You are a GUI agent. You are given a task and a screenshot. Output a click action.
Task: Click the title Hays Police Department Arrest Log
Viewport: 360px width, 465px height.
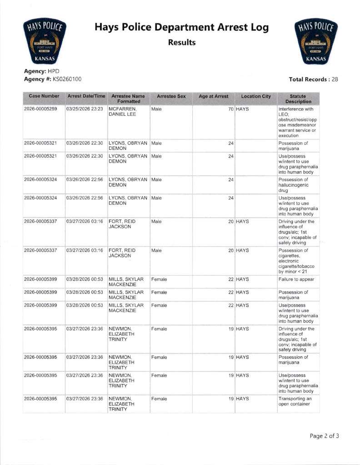click(x=181, y=27)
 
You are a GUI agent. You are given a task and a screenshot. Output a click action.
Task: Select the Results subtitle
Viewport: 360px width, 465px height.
click(x=182, y=43)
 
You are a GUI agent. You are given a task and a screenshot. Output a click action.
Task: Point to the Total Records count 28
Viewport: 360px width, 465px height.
click(x=335, y=79)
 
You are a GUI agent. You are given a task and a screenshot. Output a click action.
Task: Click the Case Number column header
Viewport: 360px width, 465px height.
click(x=44, y=96)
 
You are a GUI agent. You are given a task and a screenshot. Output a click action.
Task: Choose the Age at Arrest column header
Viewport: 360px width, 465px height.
click(x=214, y=96)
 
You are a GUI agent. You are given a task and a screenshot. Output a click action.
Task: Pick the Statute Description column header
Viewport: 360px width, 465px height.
click(x=298, y=99)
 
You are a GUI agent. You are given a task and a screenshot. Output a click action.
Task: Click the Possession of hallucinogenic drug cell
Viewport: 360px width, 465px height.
click(x=294, y=185)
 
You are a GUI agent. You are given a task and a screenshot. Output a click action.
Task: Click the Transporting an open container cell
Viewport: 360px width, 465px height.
click(x=295, y=401)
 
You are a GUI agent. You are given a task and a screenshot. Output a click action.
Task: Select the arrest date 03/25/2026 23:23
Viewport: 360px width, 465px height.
click(x=85, y=109)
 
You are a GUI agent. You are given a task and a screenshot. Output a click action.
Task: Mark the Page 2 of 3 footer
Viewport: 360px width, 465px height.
click(x=324, y=436)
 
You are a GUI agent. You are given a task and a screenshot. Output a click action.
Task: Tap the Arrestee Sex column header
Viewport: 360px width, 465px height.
click(x=171, y=96)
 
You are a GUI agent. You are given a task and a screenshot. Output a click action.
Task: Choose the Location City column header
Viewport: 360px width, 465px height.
click(x=256, y=96)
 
